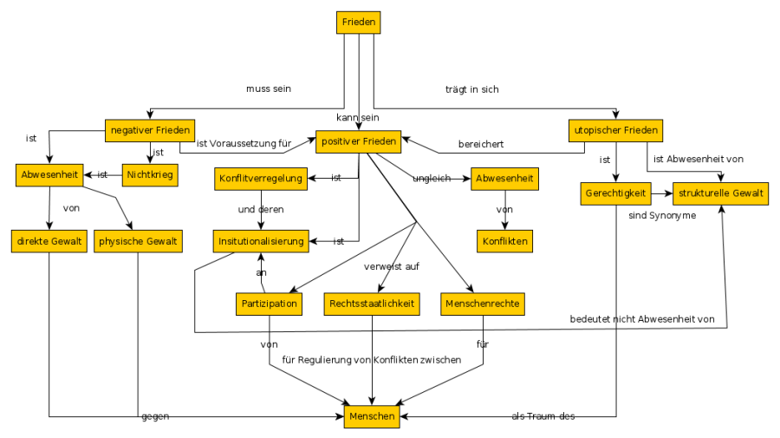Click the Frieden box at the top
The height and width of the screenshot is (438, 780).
359,23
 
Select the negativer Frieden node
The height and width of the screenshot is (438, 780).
149,130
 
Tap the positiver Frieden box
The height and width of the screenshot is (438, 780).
358,141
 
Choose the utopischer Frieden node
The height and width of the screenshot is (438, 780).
616,131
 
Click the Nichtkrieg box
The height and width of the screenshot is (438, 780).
150,175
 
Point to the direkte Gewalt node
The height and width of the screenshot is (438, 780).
48,241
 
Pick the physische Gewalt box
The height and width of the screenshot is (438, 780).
138,241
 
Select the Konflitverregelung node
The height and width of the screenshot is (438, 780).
261,180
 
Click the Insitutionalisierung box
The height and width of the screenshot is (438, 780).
261,241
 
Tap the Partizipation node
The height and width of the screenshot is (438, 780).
269,304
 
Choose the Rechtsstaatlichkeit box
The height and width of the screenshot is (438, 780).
373,304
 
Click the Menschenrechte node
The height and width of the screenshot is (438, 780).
484,304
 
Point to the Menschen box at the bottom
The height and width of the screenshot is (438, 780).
372,416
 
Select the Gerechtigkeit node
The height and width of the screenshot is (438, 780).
616,193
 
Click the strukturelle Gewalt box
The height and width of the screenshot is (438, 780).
721,193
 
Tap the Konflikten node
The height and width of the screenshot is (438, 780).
505,240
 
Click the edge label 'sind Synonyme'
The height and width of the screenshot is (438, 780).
662,215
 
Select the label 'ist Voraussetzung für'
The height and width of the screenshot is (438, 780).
242,144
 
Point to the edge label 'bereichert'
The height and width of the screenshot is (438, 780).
481,144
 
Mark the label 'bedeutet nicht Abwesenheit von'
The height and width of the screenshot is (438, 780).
642,319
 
